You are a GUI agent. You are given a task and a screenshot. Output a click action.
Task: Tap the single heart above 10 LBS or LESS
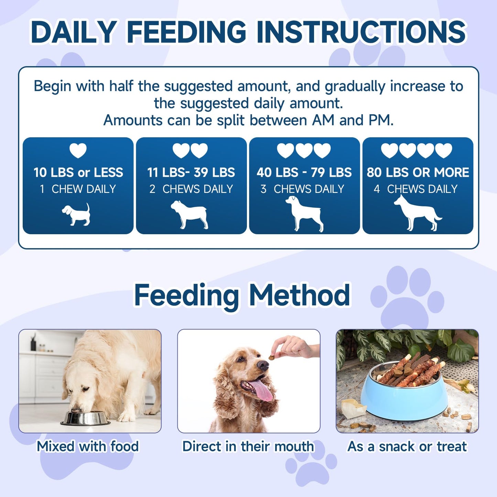(78, 150)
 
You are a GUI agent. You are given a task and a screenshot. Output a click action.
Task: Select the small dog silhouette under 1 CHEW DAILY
(77, 215)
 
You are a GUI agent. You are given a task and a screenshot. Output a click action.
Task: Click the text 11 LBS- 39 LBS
(191, 172)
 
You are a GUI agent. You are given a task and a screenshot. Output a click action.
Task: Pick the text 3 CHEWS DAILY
(302, 189)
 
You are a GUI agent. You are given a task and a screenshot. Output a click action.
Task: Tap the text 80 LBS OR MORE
(418, 172)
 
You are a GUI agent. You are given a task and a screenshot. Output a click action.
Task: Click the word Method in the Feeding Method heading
(299, 295)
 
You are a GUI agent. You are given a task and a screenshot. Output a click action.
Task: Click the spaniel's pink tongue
(260, 390)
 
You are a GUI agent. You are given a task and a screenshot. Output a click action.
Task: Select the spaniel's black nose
(263, 365)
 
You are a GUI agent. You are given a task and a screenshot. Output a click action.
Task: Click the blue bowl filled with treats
(404, 399)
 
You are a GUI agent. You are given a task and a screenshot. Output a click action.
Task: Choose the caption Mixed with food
(88, 446)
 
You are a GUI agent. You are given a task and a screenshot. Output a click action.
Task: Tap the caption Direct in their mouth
(248, 446)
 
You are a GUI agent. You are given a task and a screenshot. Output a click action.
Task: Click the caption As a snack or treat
(407, 446)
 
